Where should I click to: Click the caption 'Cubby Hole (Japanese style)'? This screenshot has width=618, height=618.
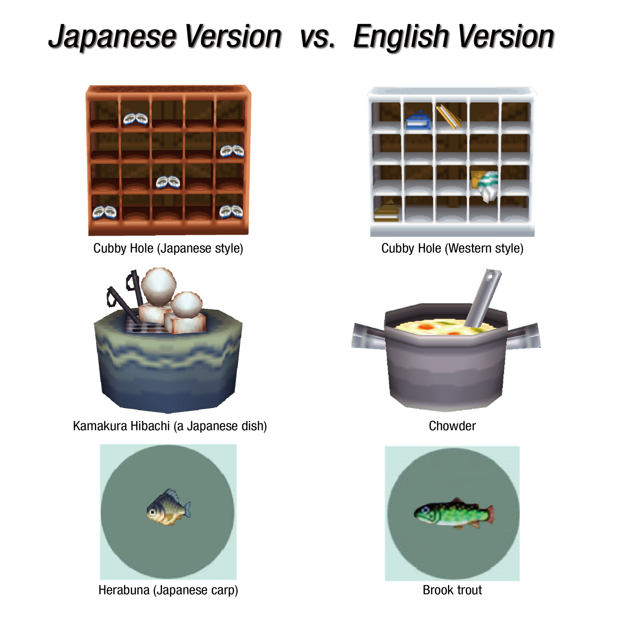pos(168,248)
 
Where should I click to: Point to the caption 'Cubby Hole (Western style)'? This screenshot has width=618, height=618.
pos(452,248)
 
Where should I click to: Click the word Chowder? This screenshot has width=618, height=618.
pos(452,426)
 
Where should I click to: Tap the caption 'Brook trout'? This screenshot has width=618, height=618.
pos(452,590)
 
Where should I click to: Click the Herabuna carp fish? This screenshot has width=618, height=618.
pos(168,508)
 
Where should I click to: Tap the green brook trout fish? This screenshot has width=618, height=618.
pos(453,513)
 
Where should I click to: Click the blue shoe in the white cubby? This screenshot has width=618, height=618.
pos(418,120)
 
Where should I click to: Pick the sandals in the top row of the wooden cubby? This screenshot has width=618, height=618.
pos(136,119)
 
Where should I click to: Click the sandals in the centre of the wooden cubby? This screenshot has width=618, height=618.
pos(168,182)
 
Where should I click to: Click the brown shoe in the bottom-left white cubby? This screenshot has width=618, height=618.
pos(386,211)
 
